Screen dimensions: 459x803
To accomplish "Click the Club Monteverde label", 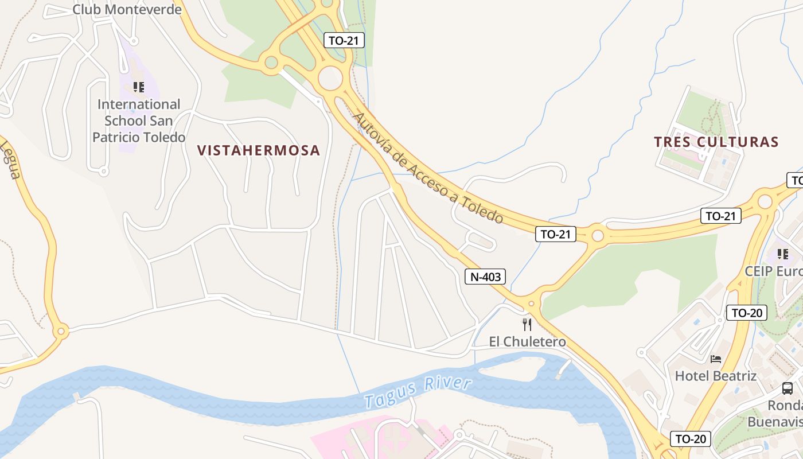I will (127, 10).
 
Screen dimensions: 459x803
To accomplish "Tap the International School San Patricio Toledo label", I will (139, 121).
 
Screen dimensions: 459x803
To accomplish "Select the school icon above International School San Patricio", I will (138, 87).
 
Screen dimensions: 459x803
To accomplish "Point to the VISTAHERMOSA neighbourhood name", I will (258, 150).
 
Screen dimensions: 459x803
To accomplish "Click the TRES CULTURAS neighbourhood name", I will (716, 142).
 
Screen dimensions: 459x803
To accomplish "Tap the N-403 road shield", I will (485, 277).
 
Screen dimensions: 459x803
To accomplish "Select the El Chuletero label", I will (527, 342).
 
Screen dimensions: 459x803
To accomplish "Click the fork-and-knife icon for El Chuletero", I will (527, 325).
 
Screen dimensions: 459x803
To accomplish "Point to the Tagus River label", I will (418, 393).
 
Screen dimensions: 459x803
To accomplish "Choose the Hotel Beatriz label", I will (715, 376).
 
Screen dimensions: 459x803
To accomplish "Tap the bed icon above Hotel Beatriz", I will (715, 359).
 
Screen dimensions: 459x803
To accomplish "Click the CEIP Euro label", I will (773, 271).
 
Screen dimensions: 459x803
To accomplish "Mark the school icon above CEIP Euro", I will (782, 254).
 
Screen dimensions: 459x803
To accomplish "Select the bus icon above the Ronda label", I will (788, 388).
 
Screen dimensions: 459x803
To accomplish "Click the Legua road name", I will (9, 160).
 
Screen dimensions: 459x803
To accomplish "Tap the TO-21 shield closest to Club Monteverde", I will (344, 40).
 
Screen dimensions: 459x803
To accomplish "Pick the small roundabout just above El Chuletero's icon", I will (532, 304).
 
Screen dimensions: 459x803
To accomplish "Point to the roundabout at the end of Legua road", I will (60, 331).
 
